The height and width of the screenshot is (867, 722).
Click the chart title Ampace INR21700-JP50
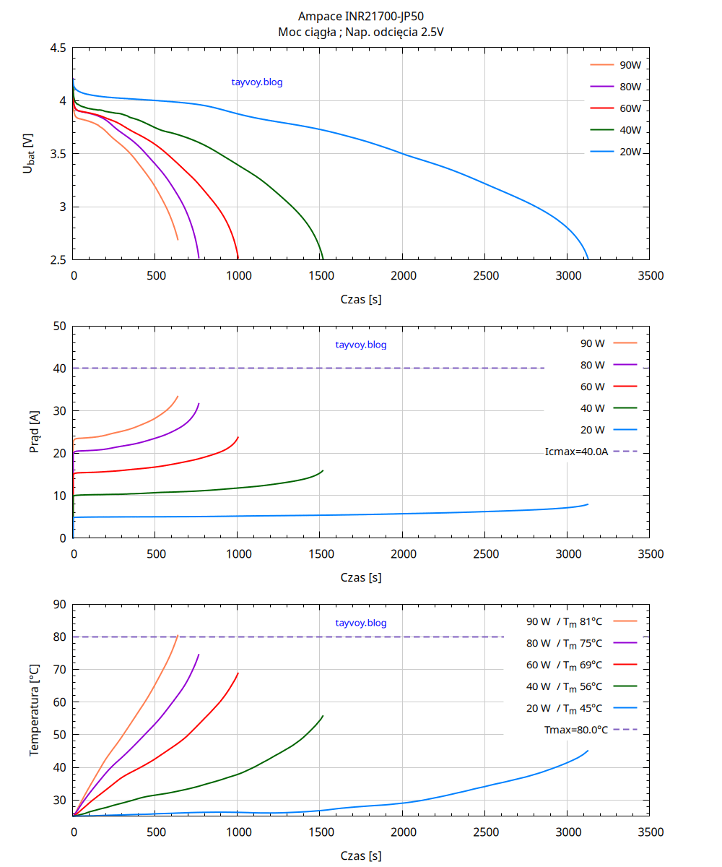pyautogui.click(x=361, y=16)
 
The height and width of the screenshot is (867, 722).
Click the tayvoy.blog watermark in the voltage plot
pyautogui.click(x=257, y=82)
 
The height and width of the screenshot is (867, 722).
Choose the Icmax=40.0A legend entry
pyautogui.click(x=577, y=452)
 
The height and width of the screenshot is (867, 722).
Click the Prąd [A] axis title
pyautogui.click(x=34, y=432)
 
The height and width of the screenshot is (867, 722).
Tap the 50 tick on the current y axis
pyautogui.click(x=60, y=326)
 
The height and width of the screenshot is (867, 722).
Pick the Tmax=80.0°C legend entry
pyautogui.click(x=576, y=730)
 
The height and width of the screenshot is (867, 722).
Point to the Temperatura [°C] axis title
pyautogui.click(x=34, y=709)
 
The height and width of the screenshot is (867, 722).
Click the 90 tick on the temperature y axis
pyautogui.click(x=60, y=605)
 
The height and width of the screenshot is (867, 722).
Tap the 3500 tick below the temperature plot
pyautogui.click(x=651, y=832)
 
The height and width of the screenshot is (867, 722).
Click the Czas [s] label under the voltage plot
pyautogui.click(x=361, y=298)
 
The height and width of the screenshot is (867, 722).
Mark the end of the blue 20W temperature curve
pyautogui.click(x=588, y=751)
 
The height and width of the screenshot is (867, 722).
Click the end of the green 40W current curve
pyautogui.click(x=323, y=470)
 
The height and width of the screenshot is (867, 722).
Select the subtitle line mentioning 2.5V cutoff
pyautogui.click(x=361, y=32)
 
